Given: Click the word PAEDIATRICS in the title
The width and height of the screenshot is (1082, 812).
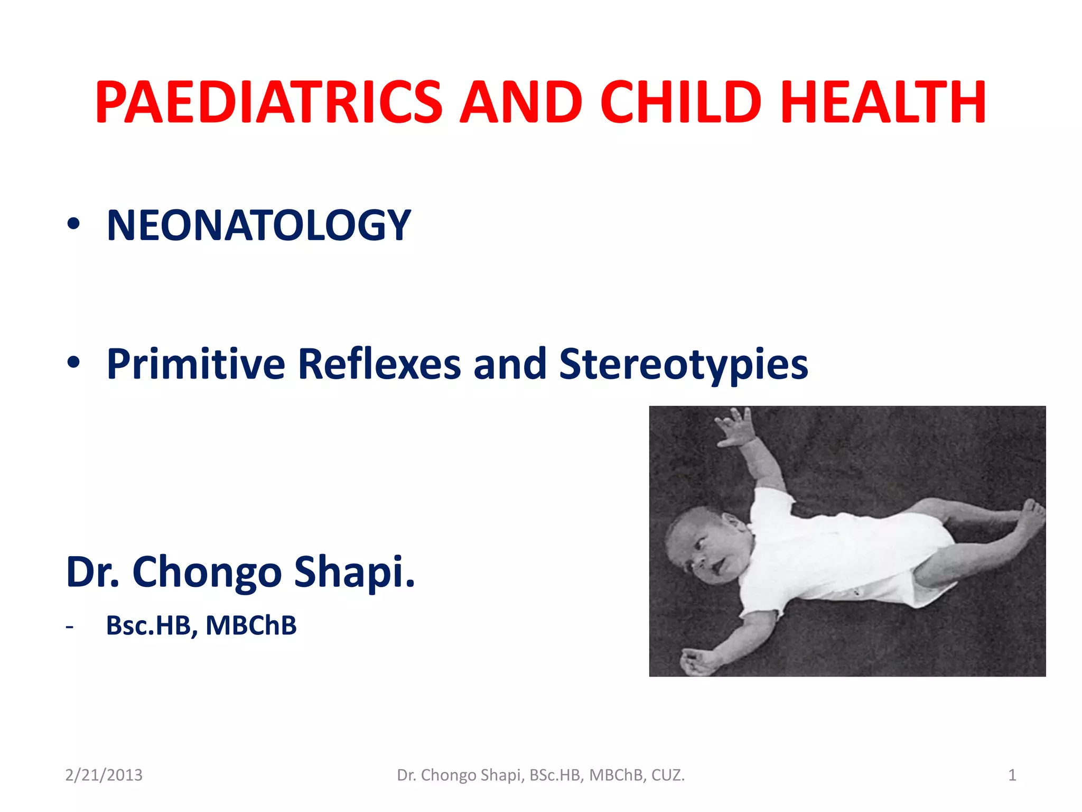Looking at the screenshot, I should click(268, 103).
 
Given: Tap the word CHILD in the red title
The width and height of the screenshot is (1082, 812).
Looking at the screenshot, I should click(682, 103).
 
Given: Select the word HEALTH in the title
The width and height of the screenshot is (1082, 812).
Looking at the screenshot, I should click(883, 103).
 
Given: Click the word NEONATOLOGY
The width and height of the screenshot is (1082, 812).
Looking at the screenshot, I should click(258, 226).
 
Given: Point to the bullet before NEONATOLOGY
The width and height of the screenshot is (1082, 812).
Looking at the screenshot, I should click(73, 224).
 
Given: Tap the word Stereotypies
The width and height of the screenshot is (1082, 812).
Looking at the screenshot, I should click(684, 365).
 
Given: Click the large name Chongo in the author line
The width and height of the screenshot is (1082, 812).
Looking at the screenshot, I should click(207, 572).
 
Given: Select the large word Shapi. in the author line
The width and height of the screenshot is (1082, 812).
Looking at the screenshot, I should click(355, 572).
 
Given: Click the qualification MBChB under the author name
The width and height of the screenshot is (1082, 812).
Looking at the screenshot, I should click(251, 625).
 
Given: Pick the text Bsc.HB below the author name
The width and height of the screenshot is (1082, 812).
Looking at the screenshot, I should click(152, 625).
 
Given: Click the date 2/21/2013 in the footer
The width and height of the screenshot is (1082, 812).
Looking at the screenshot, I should click(104, 775).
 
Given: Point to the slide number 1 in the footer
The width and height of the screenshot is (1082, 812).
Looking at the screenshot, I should click(1012, 775).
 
